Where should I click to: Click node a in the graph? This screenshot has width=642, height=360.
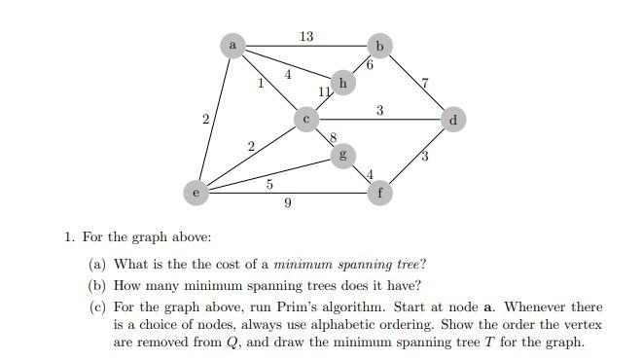point(232,45)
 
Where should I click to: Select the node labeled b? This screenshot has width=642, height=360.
point(379,46)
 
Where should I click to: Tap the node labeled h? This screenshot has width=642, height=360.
point(341,83)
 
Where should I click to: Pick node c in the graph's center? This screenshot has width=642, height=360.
point(306,120)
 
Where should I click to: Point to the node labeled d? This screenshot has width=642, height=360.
point(452,120)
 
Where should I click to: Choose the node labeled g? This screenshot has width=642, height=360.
point(341,156)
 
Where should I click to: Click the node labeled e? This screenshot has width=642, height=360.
point(196,193)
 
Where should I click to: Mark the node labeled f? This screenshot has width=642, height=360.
point(379,193)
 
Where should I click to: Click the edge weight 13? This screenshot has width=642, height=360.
point(306,37)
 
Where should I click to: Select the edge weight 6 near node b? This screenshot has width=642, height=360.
point(371,65)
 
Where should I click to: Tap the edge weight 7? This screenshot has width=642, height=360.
point(424,83)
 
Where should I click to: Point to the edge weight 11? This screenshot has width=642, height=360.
point(325,92)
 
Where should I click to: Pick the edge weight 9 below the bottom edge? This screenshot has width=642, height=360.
point(288,203)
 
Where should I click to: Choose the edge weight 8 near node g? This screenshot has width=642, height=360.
point(333,138)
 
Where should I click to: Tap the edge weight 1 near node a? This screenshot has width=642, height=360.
point(260,84)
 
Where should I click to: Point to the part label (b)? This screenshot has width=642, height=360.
point(97,285)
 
